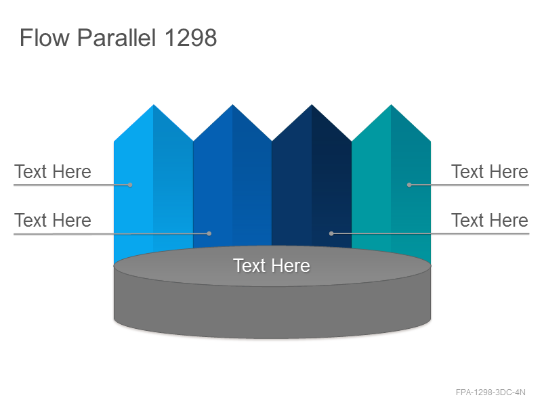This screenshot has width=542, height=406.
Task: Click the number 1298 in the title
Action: [190, 38]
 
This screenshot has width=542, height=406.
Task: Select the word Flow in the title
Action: [45, 38]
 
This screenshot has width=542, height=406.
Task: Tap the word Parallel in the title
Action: [116, 38]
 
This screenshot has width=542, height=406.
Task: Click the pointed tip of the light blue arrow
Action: [154, 105]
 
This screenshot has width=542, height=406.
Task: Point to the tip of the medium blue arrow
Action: [232, 105]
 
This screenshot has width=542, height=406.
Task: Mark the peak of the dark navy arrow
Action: [312, 105]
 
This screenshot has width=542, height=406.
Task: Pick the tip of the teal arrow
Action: [391, 105]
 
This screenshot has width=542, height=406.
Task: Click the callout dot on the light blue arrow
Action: [130, 185]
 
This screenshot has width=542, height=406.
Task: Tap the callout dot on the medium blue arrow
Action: [209, 233]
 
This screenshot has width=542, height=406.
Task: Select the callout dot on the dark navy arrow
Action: [331, 233]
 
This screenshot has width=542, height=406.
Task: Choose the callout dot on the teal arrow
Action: [409, 185]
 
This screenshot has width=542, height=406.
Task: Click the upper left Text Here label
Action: [53, 172]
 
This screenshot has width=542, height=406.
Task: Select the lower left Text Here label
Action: [53, 221]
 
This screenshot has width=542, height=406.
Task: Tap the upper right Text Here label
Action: [489, 172]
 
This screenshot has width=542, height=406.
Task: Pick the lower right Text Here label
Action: [489, 221]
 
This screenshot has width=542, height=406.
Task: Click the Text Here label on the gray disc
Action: [272, 266]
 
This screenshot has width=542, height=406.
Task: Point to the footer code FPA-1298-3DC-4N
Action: [491, 392]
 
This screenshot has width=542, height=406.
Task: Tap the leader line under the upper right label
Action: [469, 185]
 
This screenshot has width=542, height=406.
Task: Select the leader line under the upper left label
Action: [72, 185]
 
